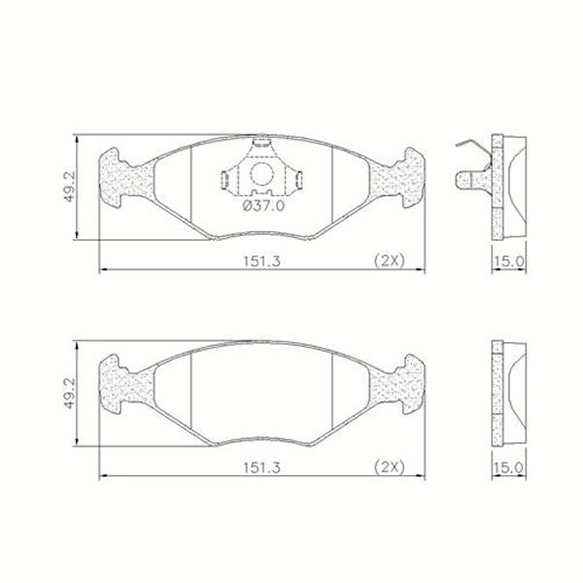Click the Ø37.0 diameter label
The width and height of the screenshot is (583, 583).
263,205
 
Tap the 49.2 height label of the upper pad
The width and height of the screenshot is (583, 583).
70,187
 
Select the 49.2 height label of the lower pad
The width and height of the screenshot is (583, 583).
70,393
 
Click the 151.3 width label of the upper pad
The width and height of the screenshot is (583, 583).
261,261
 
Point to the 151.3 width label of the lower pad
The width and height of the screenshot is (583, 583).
261,467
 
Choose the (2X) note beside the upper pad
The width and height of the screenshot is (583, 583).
389,260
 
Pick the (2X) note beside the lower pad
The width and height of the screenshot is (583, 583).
389,467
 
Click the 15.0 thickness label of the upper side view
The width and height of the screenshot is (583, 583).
508,261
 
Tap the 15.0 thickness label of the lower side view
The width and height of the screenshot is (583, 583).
508,467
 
